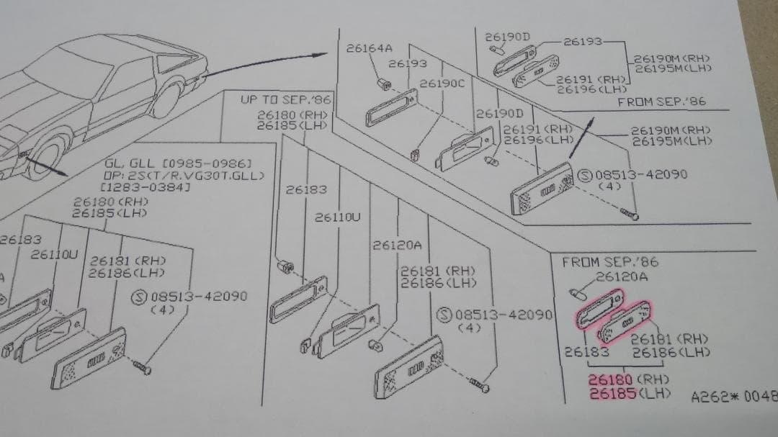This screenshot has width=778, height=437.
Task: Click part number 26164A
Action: (369, 48)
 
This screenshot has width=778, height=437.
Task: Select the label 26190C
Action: (442, 84)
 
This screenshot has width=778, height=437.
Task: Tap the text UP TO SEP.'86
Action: (286, 102)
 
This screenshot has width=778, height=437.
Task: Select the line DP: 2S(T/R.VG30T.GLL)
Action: (184, 176)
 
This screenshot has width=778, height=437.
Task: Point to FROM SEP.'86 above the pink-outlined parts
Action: (610, 262)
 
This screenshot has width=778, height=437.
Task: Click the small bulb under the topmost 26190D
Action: (495, 49)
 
